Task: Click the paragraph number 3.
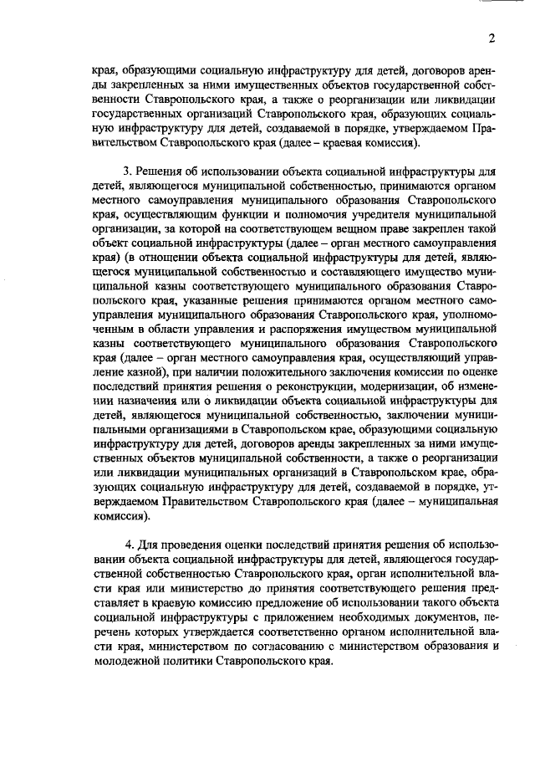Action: [x=127, y=172]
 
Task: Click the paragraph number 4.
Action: [x=128, y=545]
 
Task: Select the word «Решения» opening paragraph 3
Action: [x=158, y=172]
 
